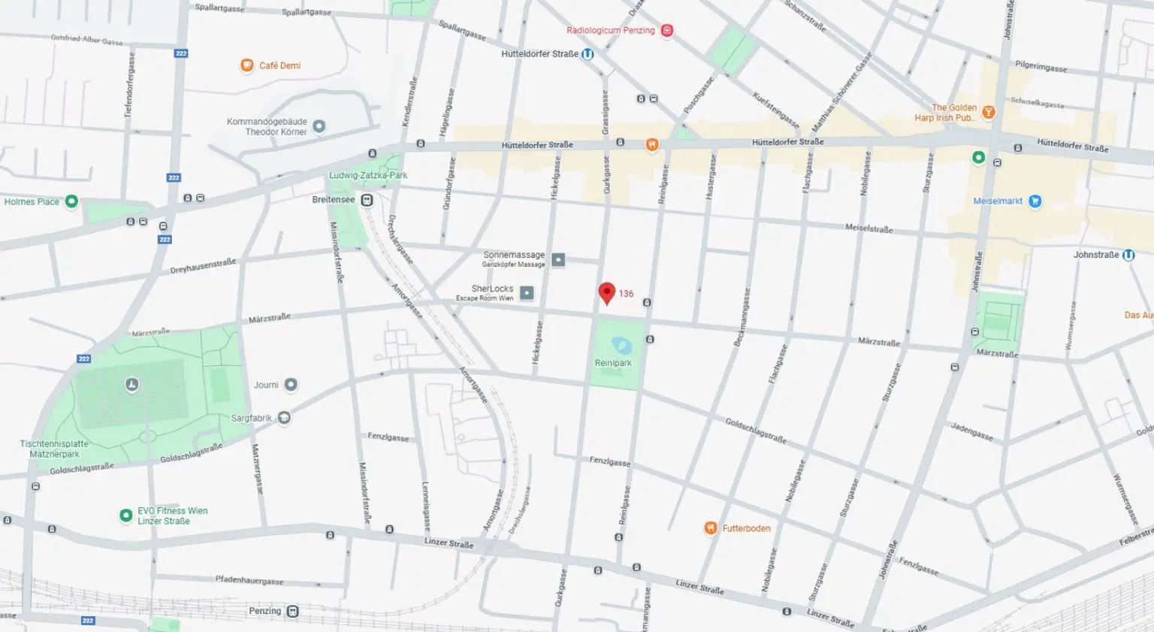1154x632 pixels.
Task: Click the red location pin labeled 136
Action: point(607,292)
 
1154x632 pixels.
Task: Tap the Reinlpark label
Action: point(613,363)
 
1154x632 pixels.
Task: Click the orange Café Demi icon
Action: point(246,65)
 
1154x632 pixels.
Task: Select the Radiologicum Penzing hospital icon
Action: point(666,31)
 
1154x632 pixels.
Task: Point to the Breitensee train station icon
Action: point(367,200)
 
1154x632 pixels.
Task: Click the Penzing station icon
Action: point(293,611)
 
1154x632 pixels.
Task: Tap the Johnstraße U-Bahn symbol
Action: point(1128,255)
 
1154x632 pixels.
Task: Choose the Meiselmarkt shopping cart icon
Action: point(1035,201)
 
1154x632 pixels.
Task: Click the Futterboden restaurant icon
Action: point(710,528)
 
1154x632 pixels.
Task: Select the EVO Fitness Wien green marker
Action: point(126,516)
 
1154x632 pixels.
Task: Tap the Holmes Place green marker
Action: point(71,201)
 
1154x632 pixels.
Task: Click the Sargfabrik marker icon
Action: point(284,418)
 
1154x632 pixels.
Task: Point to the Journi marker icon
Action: point(291,385)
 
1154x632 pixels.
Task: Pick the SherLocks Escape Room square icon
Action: point(527,293)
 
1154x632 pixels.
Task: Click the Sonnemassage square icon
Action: point(558,260)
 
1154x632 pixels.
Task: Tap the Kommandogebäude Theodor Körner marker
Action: point(319,126)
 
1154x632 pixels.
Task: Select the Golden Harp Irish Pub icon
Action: point(989,113)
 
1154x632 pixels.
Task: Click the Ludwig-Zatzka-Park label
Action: point(368,175)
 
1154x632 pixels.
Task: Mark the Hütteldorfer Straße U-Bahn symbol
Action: point(588,54)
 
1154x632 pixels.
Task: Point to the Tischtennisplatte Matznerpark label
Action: point(54,449)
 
